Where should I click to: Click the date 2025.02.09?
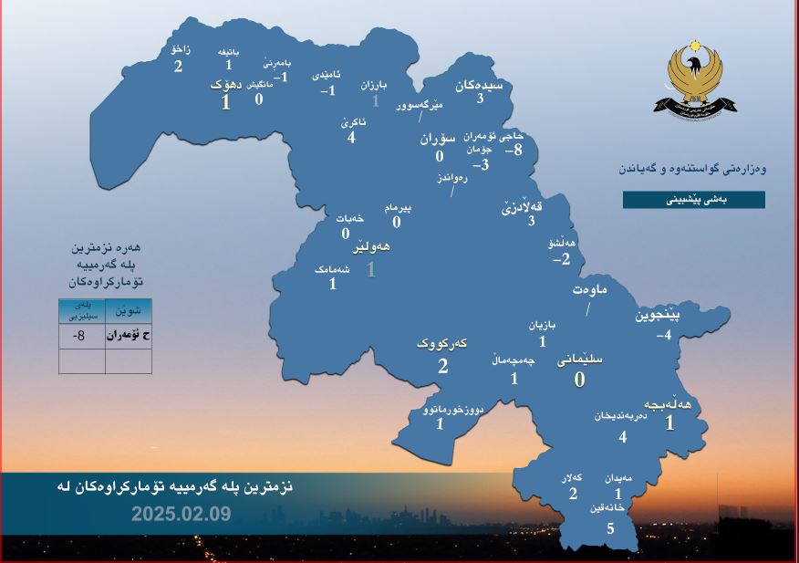coord(181,514)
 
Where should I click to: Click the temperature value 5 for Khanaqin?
coord(610,528)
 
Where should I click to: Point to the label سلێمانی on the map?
coord(579,360)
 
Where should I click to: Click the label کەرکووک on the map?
coord(442,344)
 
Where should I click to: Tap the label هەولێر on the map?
coord(370,247)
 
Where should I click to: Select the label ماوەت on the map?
coord(589,289)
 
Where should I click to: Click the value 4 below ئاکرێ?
coord(351,139)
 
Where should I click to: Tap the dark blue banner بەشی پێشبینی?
coord(693,200)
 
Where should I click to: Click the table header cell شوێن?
coord(129,311)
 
